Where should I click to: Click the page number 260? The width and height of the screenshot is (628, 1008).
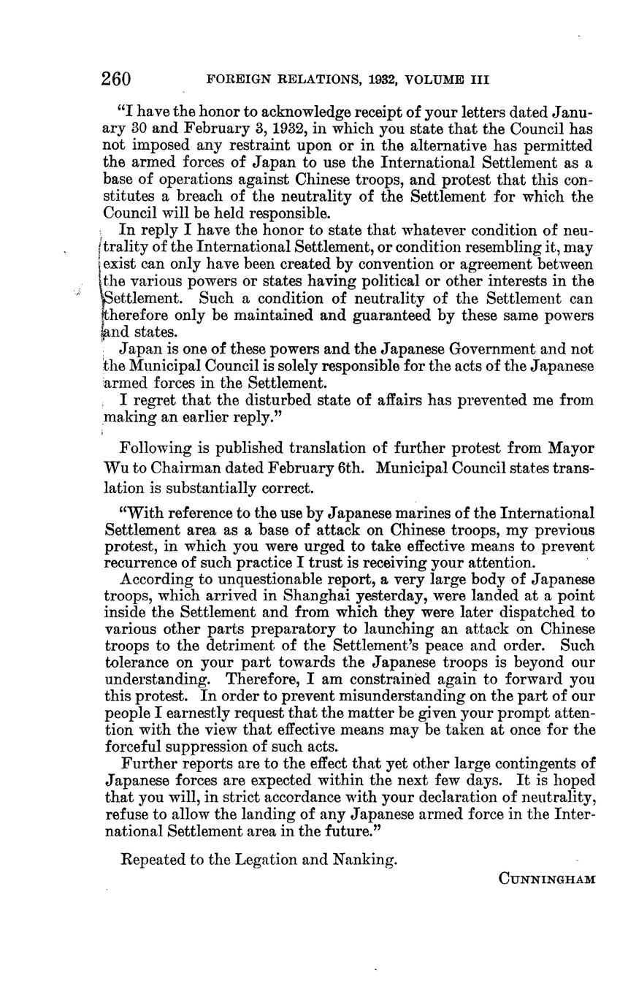pos(117,79)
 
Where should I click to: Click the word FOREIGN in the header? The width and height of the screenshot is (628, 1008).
pos(234,80)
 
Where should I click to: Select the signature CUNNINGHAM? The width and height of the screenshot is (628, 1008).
pos(547,879)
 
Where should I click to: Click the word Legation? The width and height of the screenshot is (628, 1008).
pos(272,859)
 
